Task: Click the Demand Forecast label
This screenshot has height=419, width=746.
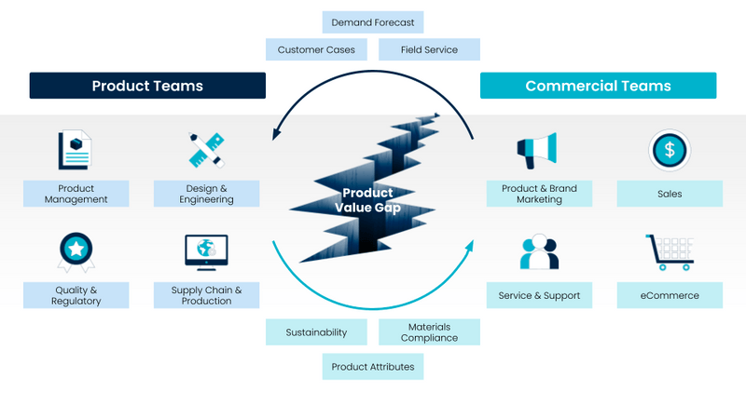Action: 373,22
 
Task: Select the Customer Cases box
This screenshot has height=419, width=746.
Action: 316,49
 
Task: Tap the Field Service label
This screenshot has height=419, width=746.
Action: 429,49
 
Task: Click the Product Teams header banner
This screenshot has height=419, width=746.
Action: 147,86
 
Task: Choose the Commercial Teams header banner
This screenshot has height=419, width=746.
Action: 598,86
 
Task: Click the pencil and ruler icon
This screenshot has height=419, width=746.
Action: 206,149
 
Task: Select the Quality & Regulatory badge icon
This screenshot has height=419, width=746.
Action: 75,250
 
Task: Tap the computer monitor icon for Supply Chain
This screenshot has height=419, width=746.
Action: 206,250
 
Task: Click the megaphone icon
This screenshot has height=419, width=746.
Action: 537,149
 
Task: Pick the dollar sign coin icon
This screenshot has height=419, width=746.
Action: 669,149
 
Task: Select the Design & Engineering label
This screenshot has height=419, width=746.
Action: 207,194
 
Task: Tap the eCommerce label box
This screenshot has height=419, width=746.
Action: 670,295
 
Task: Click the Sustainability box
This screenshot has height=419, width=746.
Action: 316,332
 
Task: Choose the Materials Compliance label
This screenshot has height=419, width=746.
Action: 429,332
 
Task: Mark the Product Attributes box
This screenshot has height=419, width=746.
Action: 373,367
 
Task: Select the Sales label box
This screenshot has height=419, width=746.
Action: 670,194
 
